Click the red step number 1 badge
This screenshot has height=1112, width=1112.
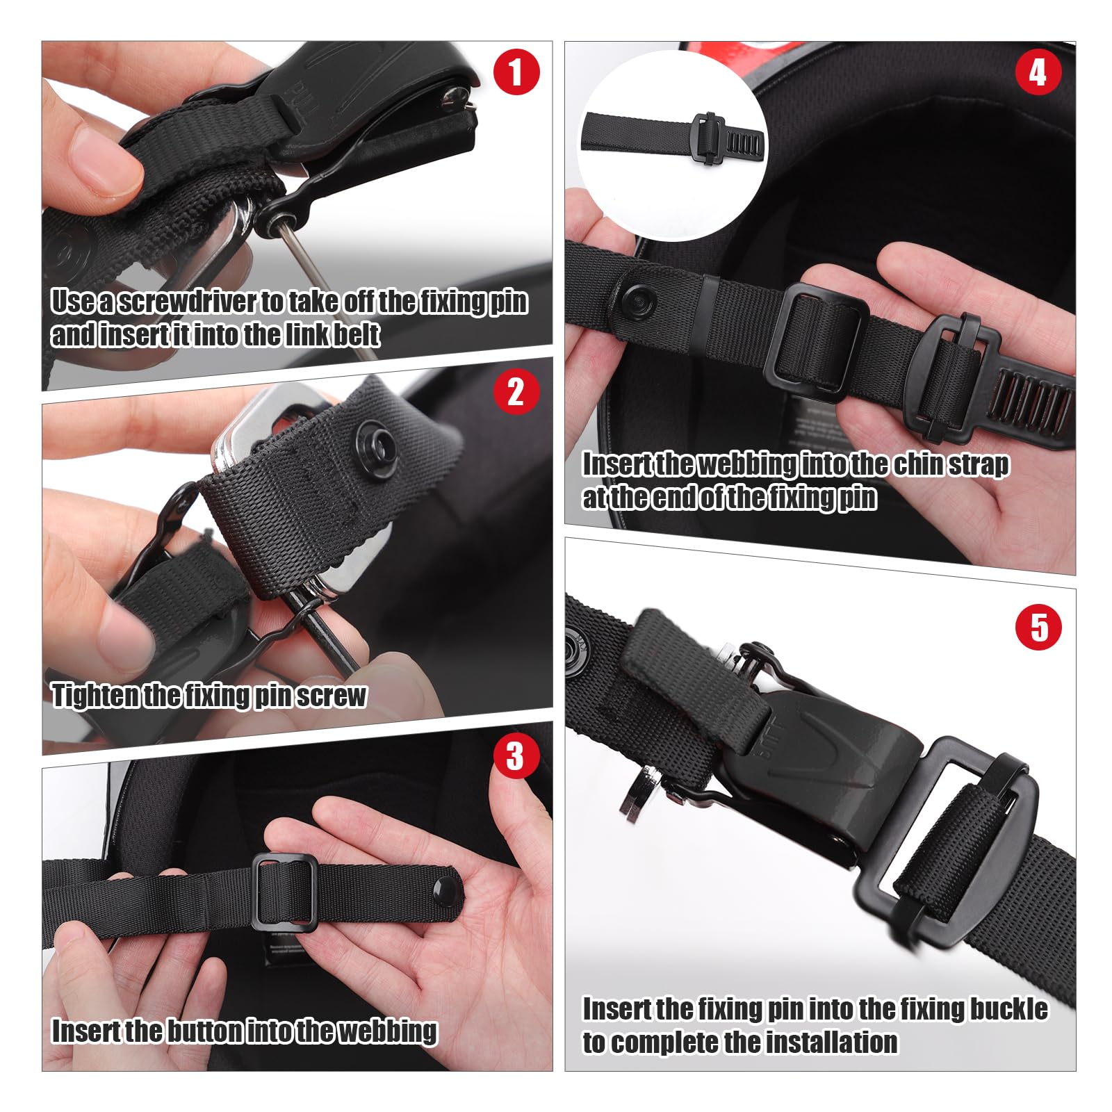tap(516, 72)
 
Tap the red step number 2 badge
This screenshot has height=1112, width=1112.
tap(516, 392)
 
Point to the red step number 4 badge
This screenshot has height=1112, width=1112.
tap(1038, 72)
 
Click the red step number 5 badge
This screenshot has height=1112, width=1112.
tap(1038, 628)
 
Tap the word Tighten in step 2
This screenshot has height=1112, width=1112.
tap(95, 696)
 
